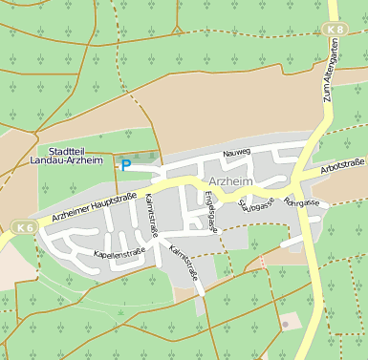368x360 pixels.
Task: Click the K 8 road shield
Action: click(x=334, y=31)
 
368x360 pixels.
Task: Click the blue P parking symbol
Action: click(x=126, y=165)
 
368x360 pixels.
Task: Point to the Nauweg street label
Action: click(x=236, y=152)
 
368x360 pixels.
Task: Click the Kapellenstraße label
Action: click(x=119, y=253)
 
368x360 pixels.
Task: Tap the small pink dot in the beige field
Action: click(x=285, y=325)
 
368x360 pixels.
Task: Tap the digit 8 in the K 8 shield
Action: click(x=338, y=31)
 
